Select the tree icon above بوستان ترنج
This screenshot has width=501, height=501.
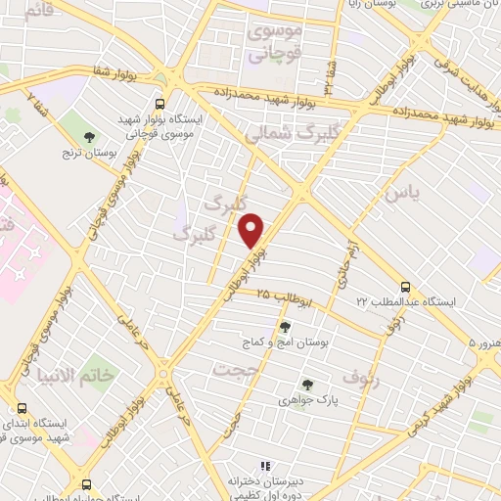coord(90,137)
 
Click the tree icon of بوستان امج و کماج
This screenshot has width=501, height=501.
coord(285,328)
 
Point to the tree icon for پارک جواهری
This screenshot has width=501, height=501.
coord(307,385)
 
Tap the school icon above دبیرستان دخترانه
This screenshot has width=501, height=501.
coord(262,466)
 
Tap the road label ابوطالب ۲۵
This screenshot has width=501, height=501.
coord(284,297)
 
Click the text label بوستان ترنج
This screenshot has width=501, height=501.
coord(91,155)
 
